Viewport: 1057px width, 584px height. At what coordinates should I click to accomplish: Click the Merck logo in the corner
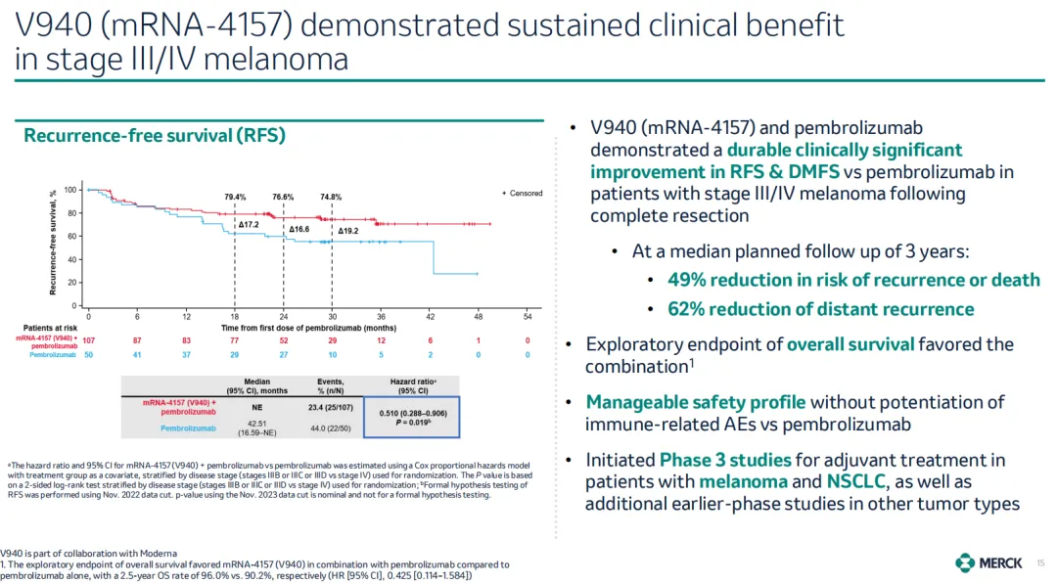point(989,562)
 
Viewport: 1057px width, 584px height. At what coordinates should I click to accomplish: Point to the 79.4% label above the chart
point(235,197)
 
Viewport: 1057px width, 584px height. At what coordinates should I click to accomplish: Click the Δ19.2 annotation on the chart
point(348,231)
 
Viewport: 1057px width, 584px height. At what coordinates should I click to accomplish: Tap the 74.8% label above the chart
point(331,197)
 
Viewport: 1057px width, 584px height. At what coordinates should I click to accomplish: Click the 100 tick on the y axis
point(70,190)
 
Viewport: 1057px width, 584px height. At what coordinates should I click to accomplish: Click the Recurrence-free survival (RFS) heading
point(154,136)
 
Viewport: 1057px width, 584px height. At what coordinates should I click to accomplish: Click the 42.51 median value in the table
point(257,423)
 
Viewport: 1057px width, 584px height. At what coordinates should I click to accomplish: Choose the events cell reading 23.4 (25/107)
point(330,407)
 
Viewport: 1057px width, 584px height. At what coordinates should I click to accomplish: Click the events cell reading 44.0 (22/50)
point(330,427)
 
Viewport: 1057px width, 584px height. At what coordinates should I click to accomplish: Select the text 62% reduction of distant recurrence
point(821,309)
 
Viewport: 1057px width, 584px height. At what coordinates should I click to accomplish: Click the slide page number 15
point(1040,562)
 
